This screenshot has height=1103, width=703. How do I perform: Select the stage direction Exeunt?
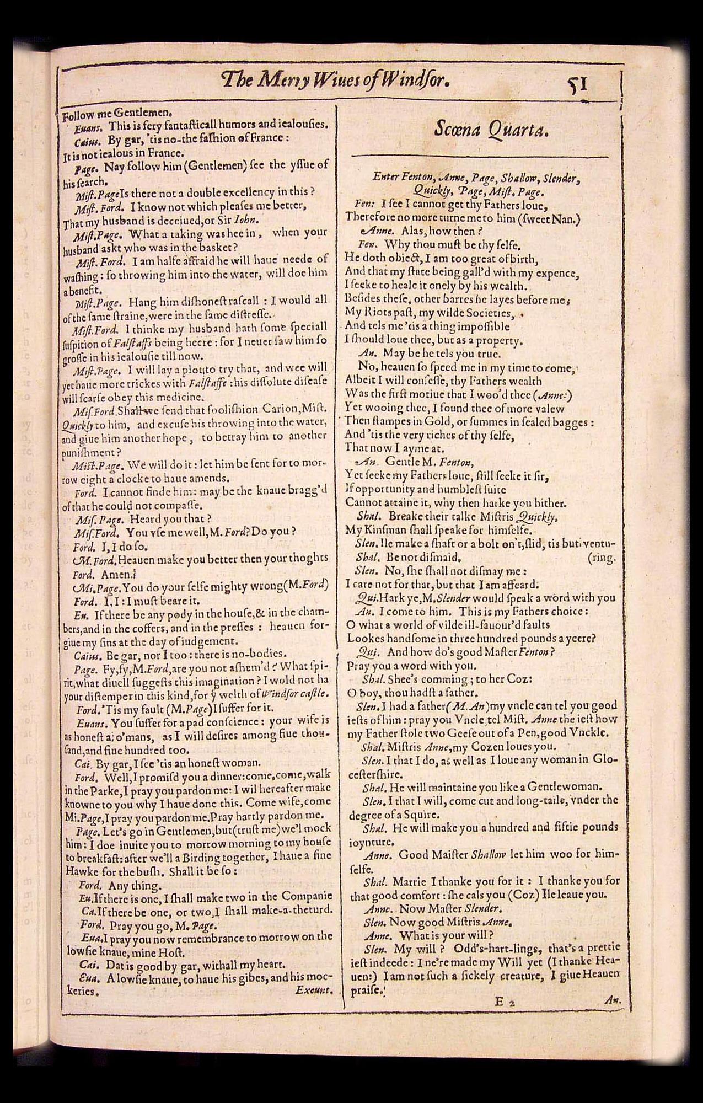(x=314, y=990)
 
